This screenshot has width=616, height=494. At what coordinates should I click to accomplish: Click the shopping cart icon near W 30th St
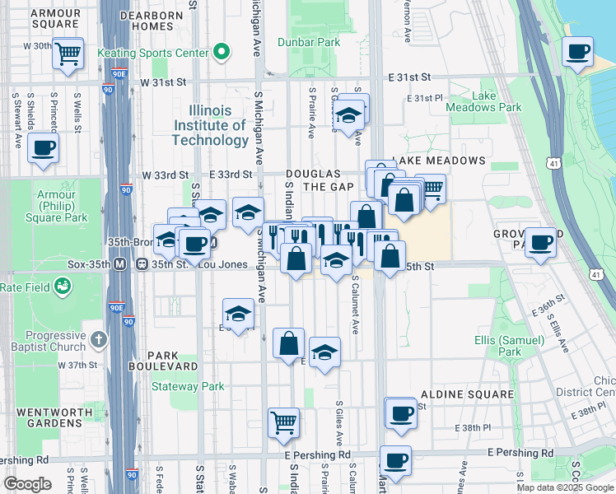[68, 54]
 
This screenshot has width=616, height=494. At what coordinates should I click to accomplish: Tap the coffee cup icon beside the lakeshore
[577, 52]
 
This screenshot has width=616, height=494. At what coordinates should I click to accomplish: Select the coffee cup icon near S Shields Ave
[42, 149]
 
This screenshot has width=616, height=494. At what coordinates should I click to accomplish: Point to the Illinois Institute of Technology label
[209, 125]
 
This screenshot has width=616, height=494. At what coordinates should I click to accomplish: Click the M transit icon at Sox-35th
[119, 264]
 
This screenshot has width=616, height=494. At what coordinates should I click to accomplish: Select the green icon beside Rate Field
[62, 287]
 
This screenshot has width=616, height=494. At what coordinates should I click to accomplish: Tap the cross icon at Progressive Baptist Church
[98, 338]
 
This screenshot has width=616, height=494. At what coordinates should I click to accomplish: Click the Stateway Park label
[189, 385]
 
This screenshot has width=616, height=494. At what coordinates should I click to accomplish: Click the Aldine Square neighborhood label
[467, 394]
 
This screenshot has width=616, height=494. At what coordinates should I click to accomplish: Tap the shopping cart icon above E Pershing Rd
[283, 422]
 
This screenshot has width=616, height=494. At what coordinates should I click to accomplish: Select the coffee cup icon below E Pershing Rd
[394, 460]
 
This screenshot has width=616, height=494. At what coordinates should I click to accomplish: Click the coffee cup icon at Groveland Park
[540, 242]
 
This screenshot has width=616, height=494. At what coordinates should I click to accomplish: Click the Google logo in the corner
[27, 484]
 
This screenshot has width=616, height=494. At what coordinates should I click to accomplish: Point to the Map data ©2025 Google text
[565, 487]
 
